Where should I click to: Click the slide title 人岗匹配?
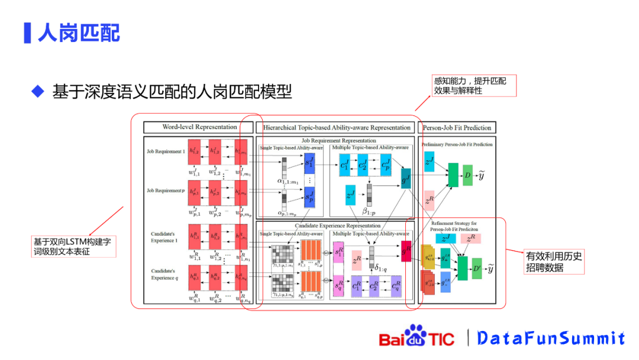[x=79, y=33]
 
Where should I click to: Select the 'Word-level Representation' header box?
[x=199, y=127]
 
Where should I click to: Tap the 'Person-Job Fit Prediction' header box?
[x=454, y=127]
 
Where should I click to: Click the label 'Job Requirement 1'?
[x=166, y=152]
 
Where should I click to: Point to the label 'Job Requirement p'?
[x=166, y=191]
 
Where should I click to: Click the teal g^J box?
[x=406, y=178]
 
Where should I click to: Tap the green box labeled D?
[x=467, y=175]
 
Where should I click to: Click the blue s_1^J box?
[x=309, y=162]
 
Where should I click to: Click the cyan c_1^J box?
[x=345, y=163]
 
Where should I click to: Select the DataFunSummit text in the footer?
[x=551, y=338]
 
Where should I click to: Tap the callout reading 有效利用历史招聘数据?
[x=554, y=262]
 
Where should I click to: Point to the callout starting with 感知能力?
[x=474, y=85]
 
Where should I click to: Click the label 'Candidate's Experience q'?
[x=164, y=274]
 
